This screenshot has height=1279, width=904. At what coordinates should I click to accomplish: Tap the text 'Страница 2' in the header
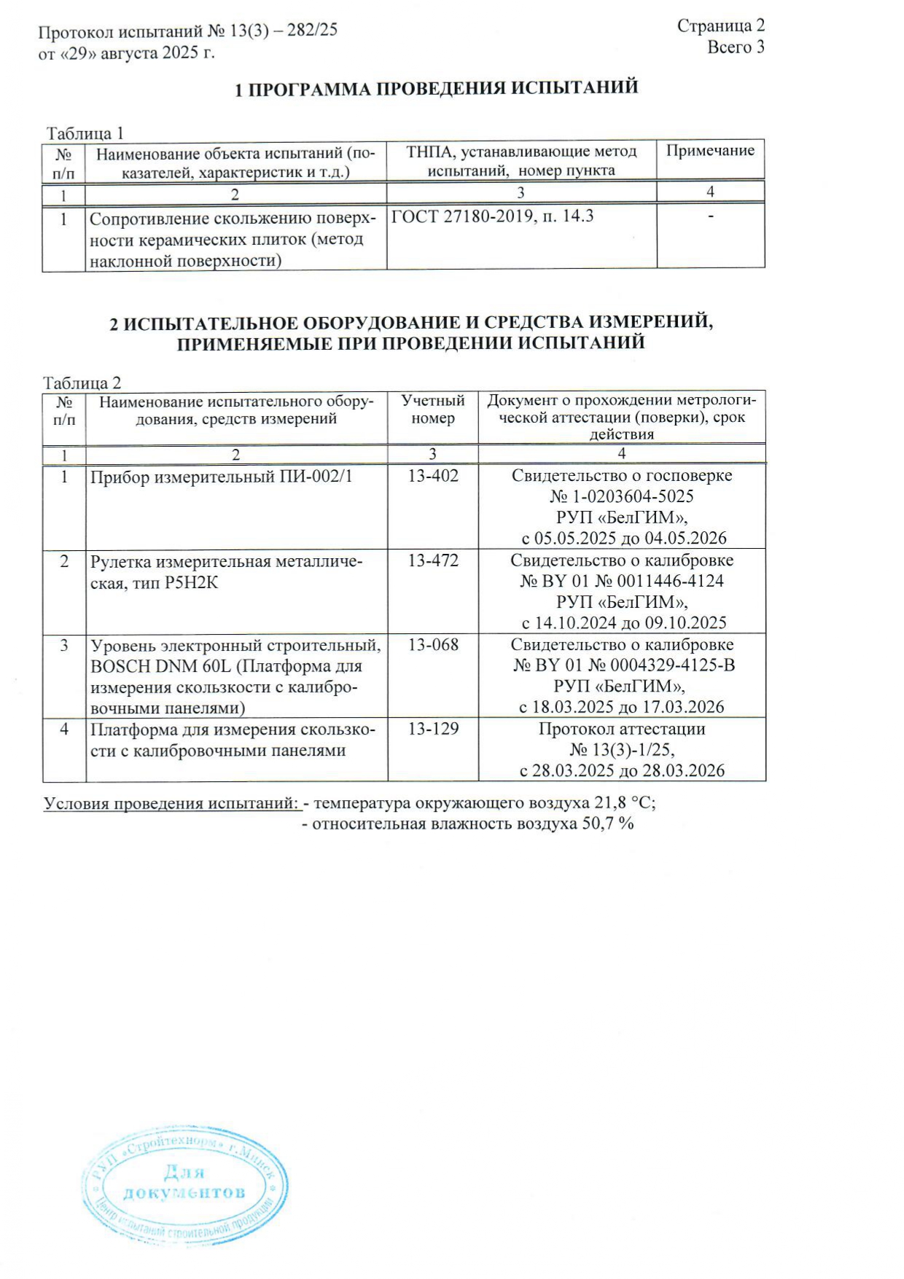point(720,26)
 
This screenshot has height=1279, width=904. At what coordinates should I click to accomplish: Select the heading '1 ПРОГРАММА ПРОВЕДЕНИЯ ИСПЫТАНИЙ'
point(436,88)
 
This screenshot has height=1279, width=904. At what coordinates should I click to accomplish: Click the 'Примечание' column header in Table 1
point(710,151)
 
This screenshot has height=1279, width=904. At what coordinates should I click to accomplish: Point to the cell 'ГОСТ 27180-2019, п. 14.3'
point(492,216)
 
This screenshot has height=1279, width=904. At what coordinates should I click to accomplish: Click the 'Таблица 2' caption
point(82,383)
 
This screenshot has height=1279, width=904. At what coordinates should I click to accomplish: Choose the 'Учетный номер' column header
point(432,410)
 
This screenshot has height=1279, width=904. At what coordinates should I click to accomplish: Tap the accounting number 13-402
point(433,476)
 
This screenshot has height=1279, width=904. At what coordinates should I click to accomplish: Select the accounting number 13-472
point(433,560)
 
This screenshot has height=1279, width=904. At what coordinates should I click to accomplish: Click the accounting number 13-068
point(433,645)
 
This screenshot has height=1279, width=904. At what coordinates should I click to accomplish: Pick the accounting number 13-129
point(433,729)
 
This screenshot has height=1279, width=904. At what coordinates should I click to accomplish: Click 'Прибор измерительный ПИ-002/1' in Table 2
point(221,477)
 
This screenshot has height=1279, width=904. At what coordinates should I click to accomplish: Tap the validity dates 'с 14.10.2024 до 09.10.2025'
point(623,623)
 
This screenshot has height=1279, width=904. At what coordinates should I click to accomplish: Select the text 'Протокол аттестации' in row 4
point(622,729)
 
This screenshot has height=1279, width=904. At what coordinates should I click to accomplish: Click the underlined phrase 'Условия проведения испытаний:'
point(173,804)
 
